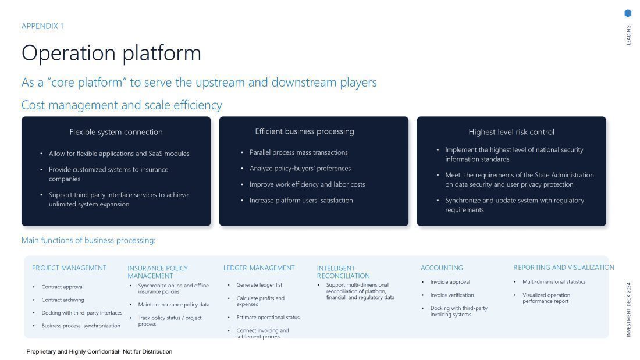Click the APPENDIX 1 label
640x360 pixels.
pos(42,26)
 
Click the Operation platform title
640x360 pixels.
pos(111,53)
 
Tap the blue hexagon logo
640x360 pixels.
pos(628,13)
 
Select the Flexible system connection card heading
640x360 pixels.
pos(116,132)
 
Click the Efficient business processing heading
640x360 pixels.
pos(304,131)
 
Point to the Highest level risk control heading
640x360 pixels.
pos(511,132)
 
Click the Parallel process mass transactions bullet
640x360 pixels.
pos(298,152)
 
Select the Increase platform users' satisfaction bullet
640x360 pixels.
pos(301,201)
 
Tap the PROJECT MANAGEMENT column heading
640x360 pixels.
pos(69,268)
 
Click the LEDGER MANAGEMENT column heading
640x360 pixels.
pos(259,268)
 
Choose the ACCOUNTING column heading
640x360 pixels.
pos(442,268)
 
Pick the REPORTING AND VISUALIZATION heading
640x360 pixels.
pos(563,268)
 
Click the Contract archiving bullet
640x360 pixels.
pos(63,300)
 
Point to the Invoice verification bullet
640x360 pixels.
pos(452,295)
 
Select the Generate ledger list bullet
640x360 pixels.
pos(259,285)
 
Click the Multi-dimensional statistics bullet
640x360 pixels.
pos(554,282)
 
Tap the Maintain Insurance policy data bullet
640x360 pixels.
pos(173,305)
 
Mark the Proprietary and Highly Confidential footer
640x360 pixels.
pos(99,352)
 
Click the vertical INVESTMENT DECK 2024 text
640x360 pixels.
pos(628,309)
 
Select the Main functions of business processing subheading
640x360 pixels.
pos(88,240)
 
